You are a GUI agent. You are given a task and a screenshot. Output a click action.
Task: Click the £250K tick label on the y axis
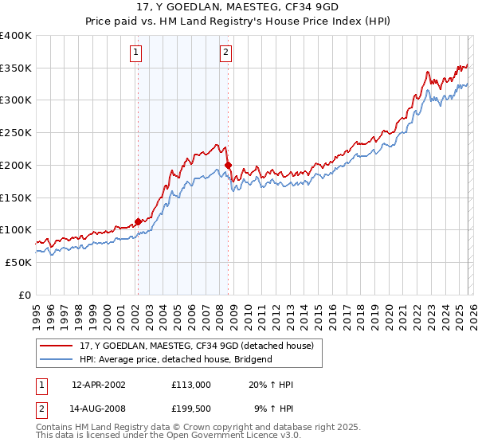click(16, 133)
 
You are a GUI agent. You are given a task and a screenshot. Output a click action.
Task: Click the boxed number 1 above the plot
click(136, 53)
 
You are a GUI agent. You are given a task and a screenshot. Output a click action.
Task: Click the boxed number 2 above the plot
click(226, 53)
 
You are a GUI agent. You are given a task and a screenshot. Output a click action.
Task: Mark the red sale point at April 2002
click(138, 221)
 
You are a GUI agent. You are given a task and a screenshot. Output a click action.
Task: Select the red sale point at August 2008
click(228, 166)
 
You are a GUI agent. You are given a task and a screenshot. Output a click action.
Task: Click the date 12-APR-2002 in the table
click(99, 385)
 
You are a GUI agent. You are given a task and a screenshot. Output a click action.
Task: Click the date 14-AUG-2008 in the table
click(99, 410)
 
